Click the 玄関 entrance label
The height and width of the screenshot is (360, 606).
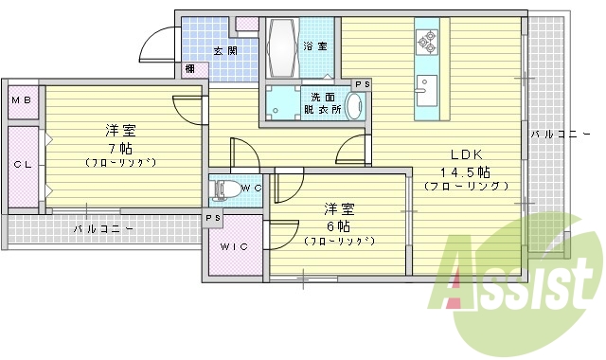tap(224, 51)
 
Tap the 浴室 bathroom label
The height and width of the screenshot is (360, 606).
tap(314, 45)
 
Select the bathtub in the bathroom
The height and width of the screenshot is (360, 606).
tap(283, 45)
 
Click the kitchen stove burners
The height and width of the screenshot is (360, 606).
tap(426, 42)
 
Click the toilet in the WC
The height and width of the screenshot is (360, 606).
tap(225, 188)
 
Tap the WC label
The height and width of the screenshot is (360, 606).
tap(251, 188)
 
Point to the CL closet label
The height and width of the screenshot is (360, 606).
tap(21, 164)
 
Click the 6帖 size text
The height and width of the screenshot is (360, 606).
tap(338, 225)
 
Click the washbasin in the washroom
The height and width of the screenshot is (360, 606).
tap(352, 106)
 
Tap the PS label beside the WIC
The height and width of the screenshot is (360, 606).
tap(213, 219)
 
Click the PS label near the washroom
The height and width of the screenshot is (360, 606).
tap(361, 84)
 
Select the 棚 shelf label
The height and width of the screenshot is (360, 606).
tap(191, 68)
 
